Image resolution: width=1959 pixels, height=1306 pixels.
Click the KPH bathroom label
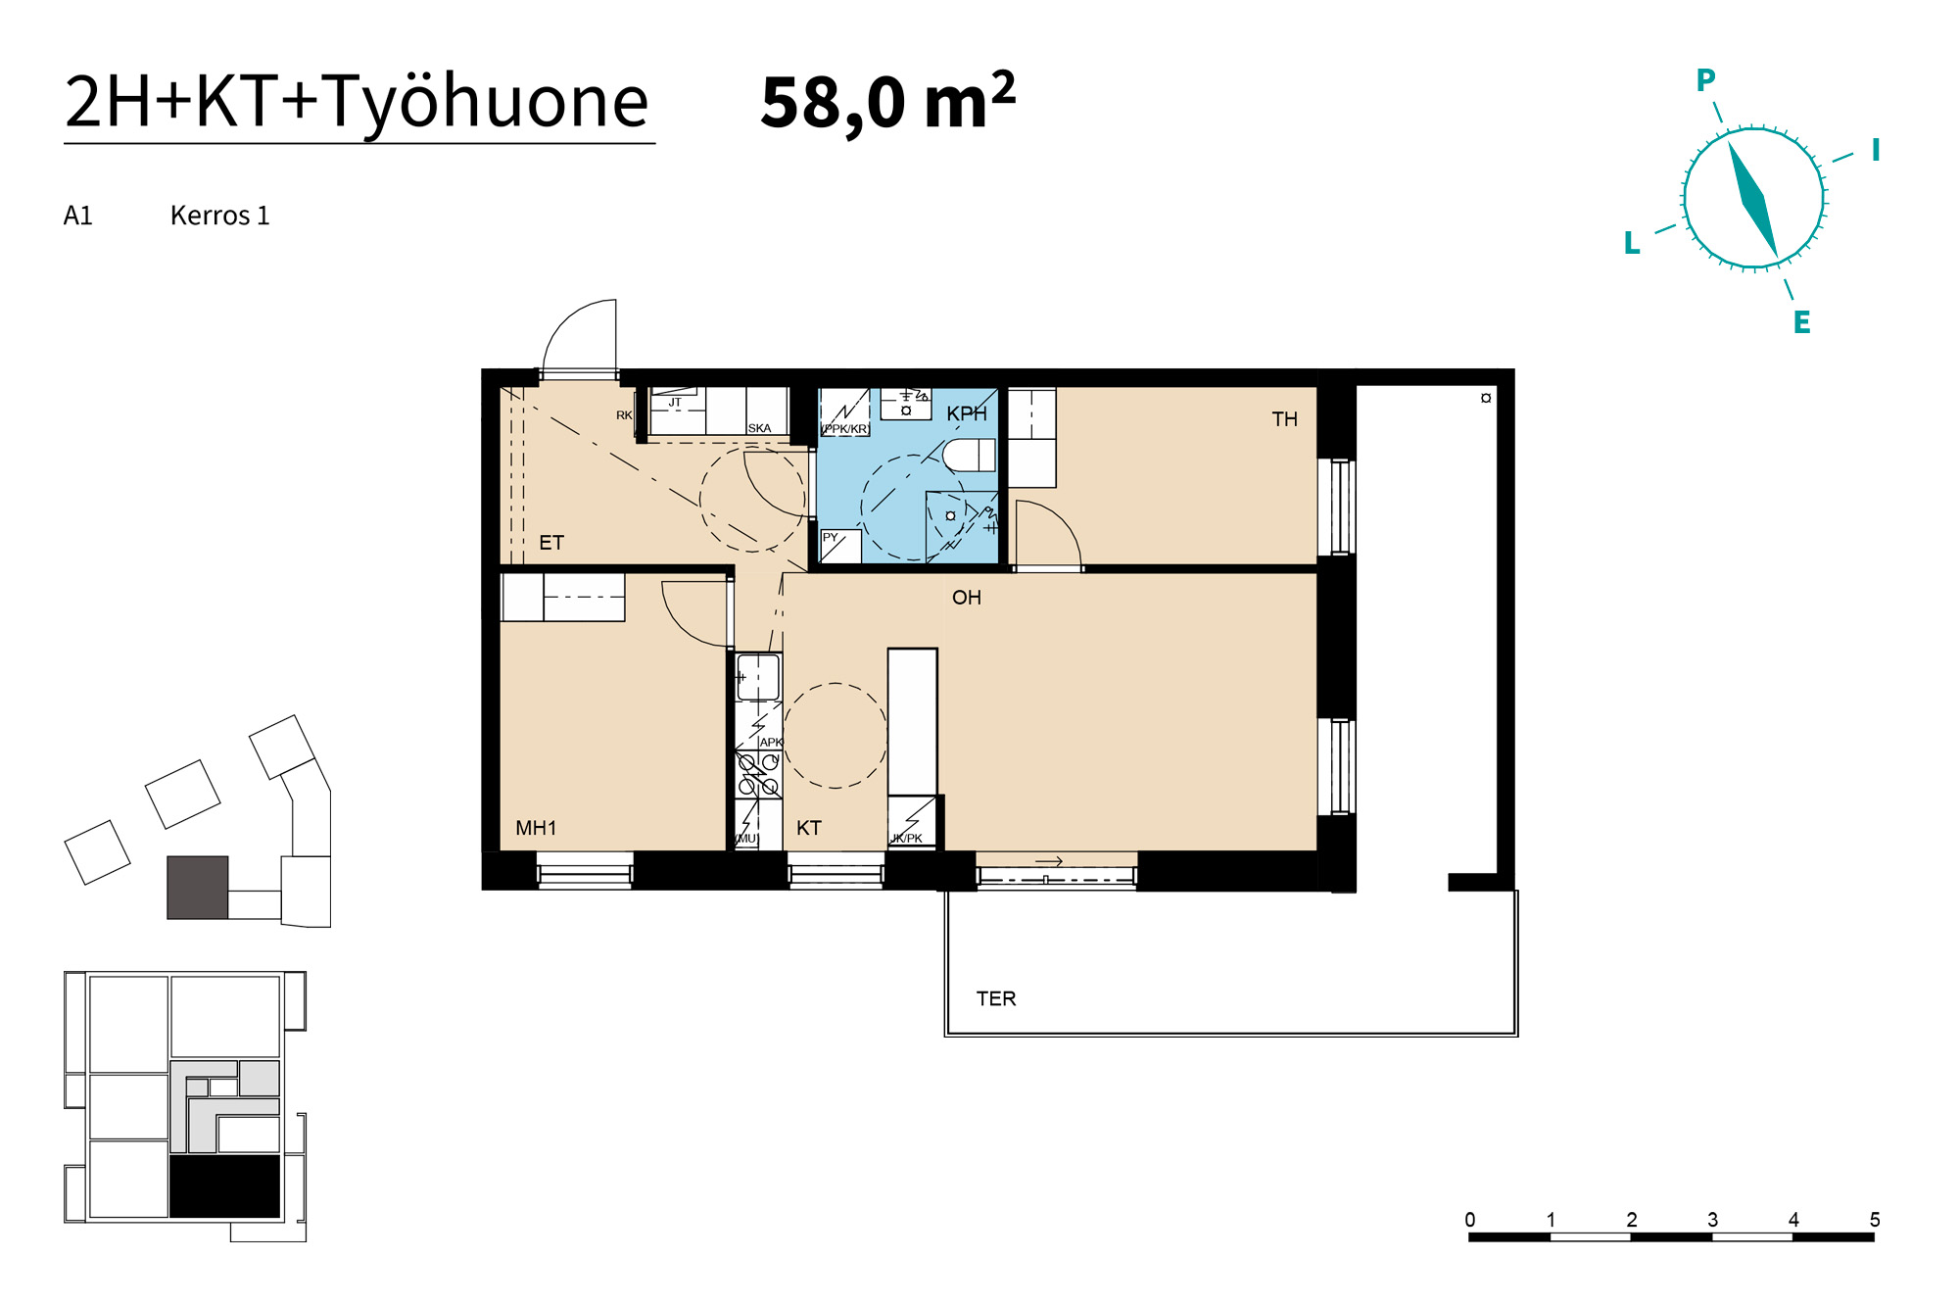(967, 414)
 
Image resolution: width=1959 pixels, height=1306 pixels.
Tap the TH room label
(1284, 419)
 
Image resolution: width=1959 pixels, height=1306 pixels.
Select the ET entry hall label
(551, 543)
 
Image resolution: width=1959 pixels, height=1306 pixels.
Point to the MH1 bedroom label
(536, 828)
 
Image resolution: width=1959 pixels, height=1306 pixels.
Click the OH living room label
(966, 598)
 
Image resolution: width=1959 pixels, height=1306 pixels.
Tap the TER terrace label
(996, 998)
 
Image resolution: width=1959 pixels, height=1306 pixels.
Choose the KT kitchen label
(809, 828)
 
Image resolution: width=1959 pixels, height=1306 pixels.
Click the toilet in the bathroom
(969, 455)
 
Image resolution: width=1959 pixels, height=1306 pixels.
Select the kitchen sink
(758, 677)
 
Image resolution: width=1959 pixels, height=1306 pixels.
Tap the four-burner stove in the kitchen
(758, 774)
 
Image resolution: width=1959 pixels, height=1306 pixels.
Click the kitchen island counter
(912, 722)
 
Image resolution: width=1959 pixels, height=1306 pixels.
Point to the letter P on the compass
(1705, 80)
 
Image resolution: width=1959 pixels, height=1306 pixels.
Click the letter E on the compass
(1801, 322)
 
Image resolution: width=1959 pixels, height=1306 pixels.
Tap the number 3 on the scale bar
(1712, 1220)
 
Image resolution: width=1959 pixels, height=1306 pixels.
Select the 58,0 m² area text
(887, 101)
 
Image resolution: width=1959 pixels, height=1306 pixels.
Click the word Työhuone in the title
(486, 103)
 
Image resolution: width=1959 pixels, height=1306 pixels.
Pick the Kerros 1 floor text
(219, 216)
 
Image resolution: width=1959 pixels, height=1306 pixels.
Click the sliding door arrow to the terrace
(1049, 862)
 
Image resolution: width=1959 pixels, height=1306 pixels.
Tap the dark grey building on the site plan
(198, 888)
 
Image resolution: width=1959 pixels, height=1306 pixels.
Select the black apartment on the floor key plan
(225, 1186)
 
